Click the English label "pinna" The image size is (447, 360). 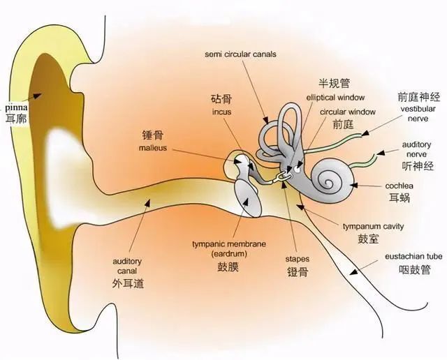(16, 107)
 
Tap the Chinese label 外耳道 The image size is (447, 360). (128, 283)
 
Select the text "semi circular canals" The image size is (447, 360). (240, 54)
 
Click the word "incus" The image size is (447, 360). (221, 112)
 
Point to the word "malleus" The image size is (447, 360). (153, 148)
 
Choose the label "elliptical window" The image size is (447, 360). (335, 98)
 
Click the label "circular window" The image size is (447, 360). (348, 112)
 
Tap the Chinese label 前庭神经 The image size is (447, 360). (419, 97)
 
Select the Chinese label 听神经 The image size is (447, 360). (418, 166)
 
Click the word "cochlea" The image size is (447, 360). (399, 186)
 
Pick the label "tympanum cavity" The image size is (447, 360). (373, 227)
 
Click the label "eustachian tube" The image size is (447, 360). (413, 256)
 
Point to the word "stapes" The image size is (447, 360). (298, 259)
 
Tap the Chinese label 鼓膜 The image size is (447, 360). (228, 267)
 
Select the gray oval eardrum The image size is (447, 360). (248, 197)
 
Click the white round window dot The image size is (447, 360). (297, 170)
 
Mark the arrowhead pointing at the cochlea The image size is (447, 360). (354, 186)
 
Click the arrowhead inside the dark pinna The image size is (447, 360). (37, 96)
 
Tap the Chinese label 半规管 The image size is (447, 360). (334, 83)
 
